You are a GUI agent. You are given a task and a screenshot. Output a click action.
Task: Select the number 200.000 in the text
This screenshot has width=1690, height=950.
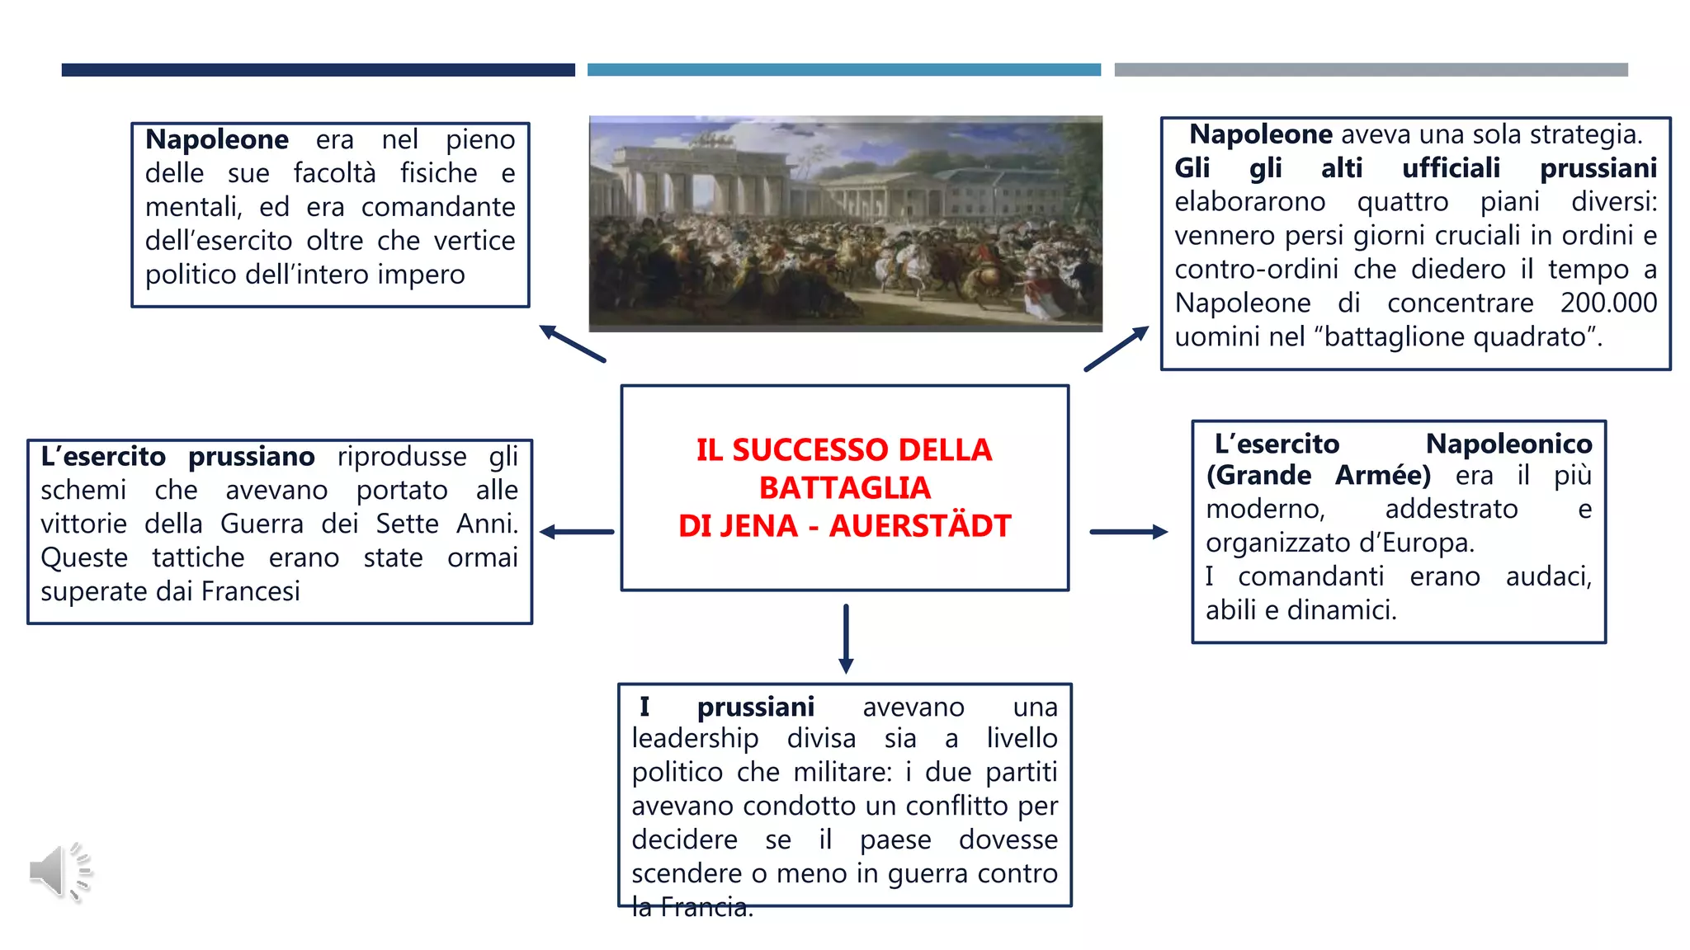tap(1607, 303)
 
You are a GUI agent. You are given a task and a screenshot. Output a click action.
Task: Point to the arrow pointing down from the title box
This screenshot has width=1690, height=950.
tap(846, 638)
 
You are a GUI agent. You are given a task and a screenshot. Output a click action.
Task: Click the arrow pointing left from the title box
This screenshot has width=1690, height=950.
tap(577, 532)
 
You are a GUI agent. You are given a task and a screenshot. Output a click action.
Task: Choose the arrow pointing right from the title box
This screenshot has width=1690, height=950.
tap(1128, 532)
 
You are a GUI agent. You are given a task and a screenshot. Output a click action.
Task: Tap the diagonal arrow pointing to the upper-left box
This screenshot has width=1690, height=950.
tap(572, 343)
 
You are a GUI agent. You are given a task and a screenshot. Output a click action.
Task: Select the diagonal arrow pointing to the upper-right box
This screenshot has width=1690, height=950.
tap(1116, 349)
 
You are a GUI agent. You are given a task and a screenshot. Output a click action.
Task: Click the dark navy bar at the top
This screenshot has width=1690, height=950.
tap(318, 70)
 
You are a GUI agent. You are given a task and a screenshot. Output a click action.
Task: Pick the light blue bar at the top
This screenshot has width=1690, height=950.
tap(843, 70)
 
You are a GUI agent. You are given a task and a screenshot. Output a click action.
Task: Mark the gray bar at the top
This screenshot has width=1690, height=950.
tap(1371, 70)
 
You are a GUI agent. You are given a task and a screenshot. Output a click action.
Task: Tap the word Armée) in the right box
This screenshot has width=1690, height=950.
tap(1383, 476)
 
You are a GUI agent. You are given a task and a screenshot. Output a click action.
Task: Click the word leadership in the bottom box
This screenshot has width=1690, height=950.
tap(695, 738)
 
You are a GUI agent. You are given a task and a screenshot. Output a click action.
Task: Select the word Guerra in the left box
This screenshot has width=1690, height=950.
tap(262, 524)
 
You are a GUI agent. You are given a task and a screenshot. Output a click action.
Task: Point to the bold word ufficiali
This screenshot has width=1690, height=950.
tap(1451, 168)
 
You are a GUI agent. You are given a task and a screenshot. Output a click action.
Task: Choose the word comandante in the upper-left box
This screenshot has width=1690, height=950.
tap(437, 207)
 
